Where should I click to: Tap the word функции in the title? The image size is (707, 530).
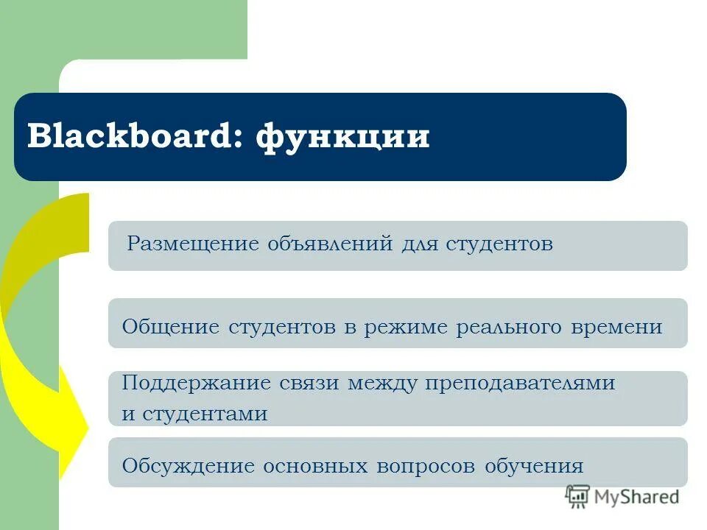(x=342, y=138)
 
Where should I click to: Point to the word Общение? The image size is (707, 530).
(x=170, y=326)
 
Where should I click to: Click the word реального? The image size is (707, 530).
(x=510, y=327)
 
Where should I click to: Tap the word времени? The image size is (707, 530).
(x=617, y=327)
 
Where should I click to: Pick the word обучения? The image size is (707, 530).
(x=535, y=466)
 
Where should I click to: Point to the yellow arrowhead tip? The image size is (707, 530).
(x=87, y=427)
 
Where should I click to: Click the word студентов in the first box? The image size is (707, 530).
(x=499, y=244)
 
